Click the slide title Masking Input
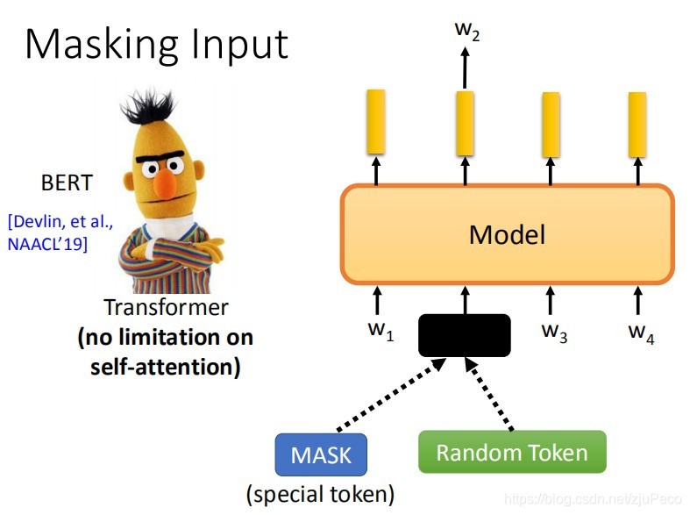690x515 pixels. pos(156,44)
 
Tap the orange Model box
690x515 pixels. pos(507,234)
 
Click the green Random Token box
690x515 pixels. pos(512,453)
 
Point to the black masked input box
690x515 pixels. pos(464,335)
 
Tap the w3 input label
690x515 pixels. pos(553,333)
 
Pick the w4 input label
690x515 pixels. pos(640,333)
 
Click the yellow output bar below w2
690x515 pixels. pos(465,121)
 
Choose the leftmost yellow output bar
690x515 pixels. pos(376,121)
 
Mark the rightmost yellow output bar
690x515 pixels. pos(637,121)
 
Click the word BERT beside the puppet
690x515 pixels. pos(67,184)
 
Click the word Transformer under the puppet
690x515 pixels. pos(166,308)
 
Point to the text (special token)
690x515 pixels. pos(320,494)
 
